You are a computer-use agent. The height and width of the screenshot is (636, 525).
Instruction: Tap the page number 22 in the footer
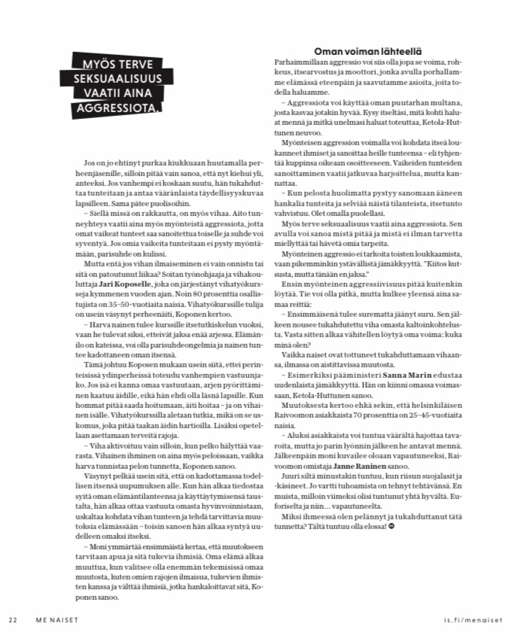(x=12, y=619)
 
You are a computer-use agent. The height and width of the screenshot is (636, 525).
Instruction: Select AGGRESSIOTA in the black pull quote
(x=113, y=111)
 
